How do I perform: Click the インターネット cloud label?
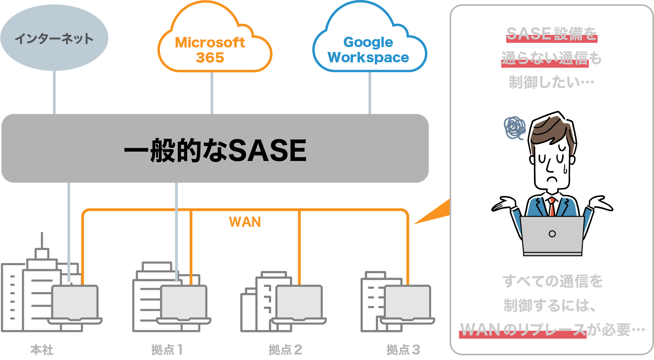(x=54, y=38)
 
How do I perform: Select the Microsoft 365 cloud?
(x=210, y=49)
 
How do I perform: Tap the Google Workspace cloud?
(x=368, y=49)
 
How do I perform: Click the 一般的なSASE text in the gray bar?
(x=215, y=150)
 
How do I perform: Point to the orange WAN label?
(x=245, y=222)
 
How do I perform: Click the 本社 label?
(x=42, y=350)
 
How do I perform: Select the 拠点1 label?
(x=167, y=350)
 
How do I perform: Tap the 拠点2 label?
(x=285, y=350)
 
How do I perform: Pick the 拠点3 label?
(x=403, y=350)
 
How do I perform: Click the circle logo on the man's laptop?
(x=552, y=234)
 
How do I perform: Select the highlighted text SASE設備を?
(x=552, y=34)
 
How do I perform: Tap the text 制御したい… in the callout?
(x=552, y=83)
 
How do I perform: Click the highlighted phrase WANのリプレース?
(x=523, y=330)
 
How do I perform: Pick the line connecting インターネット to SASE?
(x=54, y=93)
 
